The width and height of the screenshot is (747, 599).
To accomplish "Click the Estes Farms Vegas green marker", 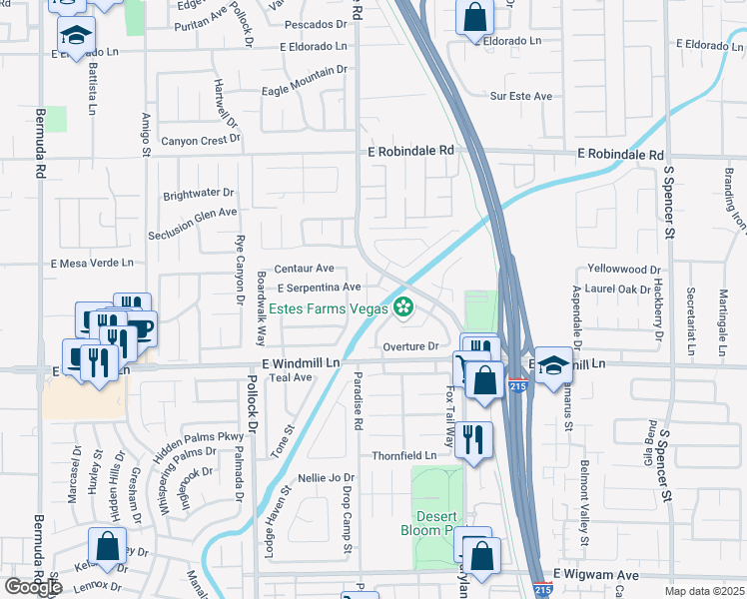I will pos(404,307).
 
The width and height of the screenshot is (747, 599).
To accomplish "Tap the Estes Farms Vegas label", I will pos(329,308).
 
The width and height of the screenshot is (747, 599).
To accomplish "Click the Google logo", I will pos(33,587).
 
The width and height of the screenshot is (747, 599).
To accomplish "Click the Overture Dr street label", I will pos(411,346).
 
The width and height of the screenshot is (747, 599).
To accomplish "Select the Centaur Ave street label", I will pos(305,269).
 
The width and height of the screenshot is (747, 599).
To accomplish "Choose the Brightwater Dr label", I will pos(198,193).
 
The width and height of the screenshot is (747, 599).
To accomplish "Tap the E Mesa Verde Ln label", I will pos(92,263).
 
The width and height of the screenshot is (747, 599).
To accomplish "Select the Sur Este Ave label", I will pos(521,96).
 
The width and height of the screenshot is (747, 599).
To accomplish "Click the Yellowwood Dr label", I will pos(625,270).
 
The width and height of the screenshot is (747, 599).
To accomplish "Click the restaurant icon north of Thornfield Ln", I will pos(473,438).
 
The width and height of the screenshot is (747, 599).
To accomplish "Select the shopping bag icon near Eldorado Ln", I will pos(475,17).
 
